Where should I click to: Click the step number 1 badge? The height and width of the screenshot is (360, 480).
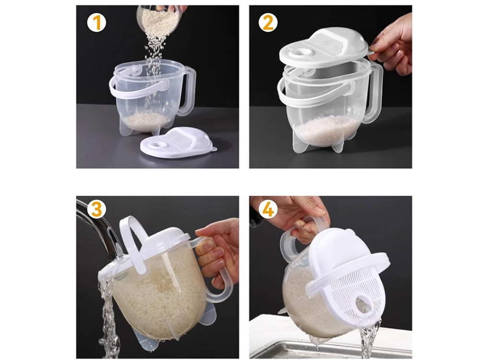click(x=96, y=23)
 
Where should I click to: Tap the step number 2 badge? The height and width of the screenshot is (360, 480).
click(x=268, y=23)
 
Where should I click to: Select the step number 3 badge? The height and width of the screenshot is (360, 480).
click(x=96, y=209)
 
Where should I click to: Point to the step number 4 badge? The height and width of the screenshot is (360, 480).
click(x=268, y=209)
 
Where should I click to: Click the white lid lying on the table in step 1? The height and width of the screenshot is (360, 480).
click(x=178, y=144)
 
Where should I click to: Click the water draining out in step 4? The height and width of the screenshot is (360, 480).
click(x=370, y=336)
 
